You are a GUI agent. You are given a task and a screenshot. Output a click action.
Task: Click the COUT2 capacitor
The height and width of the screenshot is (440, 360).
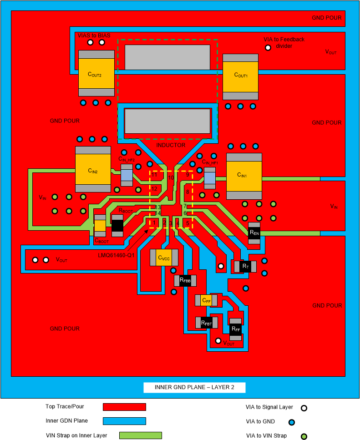[96, 73]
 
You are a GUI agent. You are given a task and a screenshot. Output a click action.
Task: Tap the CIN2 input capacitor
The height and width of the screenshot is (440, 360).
[93, 169]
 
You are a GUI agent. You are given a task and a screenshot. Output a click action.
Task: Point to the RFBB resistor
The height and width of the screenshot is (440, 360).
[184, 281]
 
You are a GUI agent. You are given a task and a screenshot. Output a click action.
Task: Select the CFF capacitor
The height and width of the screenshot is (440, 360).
[206, 300]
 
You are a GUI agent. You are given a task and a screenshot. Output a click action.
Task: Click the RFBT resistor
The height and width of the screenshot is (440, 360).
[206, 323]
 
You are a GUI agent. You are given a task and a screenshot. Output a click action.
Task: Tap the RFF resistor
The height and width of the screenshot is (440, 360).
[235, 329]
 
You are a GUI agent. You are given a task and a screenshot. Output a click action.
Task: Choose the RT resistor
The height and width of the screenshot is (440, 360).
[245, 266]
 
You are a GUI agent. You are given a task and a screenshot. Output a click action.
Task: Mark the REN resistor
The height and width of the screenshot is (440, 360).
[254, 233]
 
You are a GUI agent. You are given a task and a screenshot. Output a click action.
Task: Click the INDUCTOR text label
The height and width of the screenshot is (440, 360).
[171, 145]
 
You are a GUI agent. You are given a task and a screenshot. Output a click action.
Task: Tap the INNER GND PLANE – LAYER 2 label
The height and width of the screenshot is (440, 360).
[195, 388]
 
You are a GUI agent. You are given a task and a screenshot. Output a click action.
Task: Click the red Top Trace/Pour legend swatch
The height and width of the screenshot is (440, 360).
[124, 407]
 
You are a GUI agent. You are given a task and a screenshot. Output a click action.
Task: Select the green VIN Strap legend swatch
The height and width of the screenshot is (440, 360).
[140, 435]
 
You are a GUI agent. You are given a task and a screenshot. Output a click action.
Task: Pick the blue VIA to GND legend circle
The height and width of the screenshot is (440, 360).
[291, 422]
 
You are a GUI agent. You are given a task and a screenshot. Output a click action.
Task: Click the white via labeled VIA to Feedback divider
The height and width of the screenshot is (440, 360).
[269, 47]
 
